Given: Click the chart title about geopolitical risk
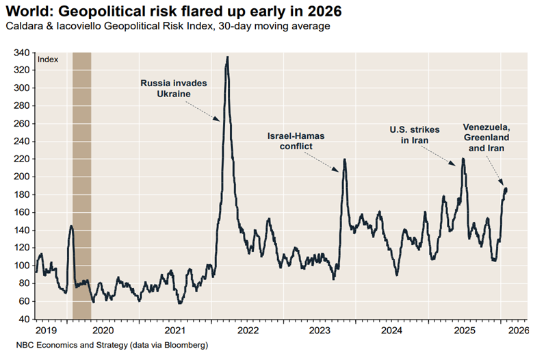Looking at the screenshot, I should point(170,12).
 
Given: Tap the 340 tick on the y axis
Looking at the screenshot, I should point(23,53).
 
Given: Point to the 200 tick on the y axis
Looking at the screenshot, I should point(23,177).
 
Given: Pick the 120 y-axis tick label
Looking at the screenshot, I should point(23,248).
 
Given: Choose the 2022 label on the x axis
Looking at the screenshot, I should point(248,330).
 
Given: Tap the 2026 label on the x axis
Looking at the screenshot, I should point(517,330).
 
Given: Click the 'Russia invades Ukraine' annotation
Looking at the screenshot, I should point(174,88).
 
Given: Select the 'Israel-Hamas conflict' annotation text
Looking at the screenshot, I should point(296,141).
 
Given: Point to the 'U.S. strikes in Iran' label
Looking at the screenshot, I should point(415,134).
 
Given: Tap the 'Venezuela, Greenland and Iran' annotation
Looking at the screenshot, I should point(486,138).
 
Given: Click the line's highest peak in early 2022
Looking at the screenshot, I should point(227,57).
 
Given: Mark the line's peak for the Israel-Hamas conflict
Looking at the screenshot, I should point(345,159).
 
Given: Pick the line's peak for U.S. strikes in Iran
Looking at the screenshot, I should point(463,159).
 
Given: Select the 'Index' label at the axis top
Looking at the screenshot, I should point(48,60).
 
